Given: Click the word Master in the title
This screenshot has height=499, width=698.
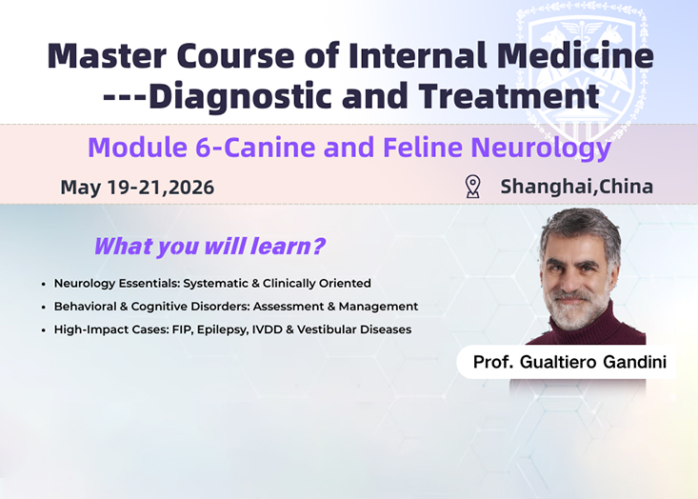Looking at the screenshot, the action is coord(107,55).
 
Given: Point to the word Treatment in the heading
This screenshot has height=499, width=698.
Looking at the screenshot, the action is coord(509,95).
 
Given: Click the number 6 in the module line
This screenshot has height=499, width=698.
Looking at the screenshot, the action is coord(203,148).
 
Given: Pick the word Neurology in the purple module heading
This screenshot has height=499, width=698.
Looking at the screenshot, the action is coord(541,149).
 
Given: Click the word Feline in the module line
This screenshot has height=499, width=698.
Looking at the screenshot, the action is coord(423,148).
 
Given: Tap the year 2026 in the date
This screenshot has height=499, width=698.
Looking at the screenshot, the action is coord(191,188).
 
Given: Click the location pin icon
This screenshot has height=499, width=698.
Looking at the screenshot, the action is coord(472,187).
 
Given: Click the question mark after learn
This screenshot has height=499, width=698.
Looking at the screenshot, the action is coord(318,246).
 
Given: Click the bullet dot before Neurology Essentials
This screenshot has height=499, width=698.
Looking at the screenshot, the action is coord(43,284).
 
